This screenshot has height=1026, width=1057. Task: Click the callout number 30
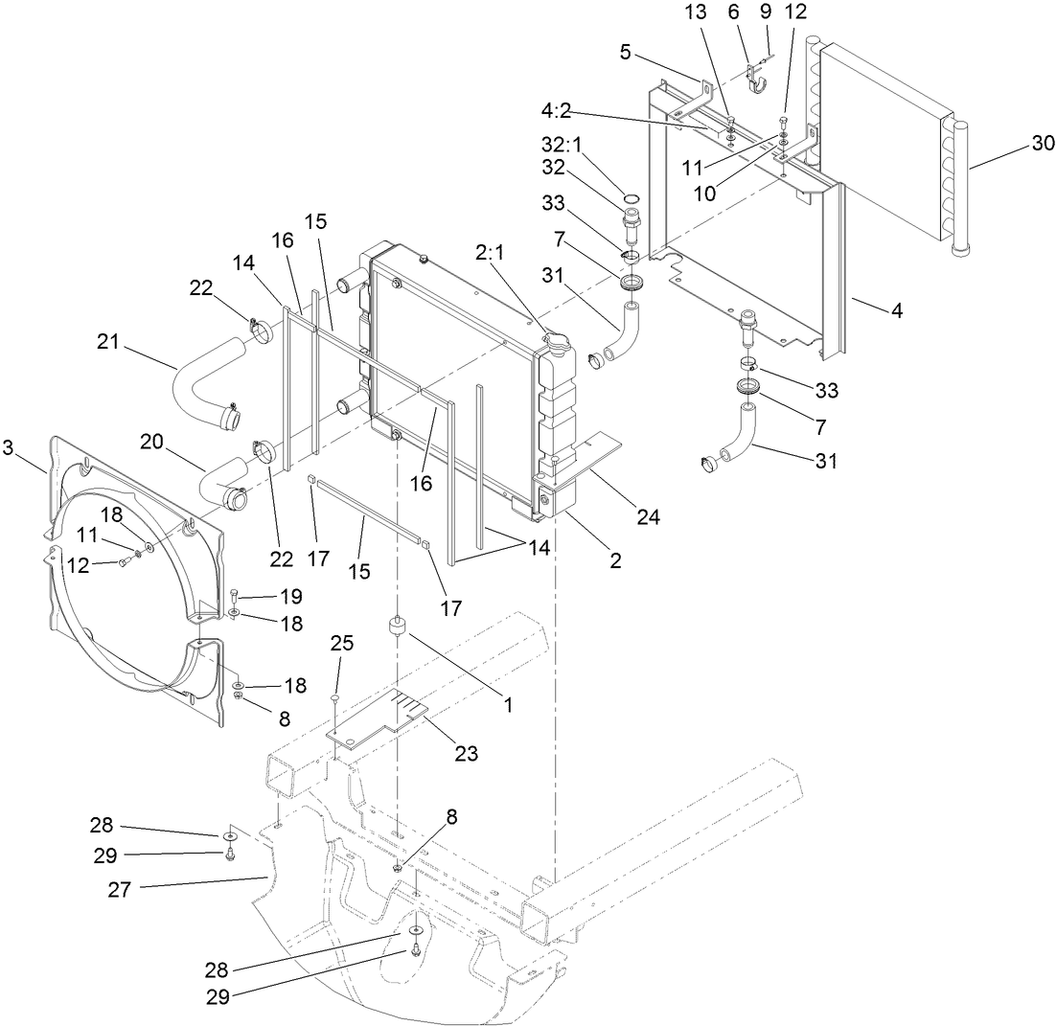point(1042,145)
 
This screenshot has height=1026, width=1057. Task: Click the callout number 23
point(466,753)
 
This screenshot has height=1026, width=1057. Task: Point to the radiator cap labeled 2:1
point(554,339)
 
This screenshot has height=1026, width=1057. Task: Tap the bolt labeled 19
point(235,596)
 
